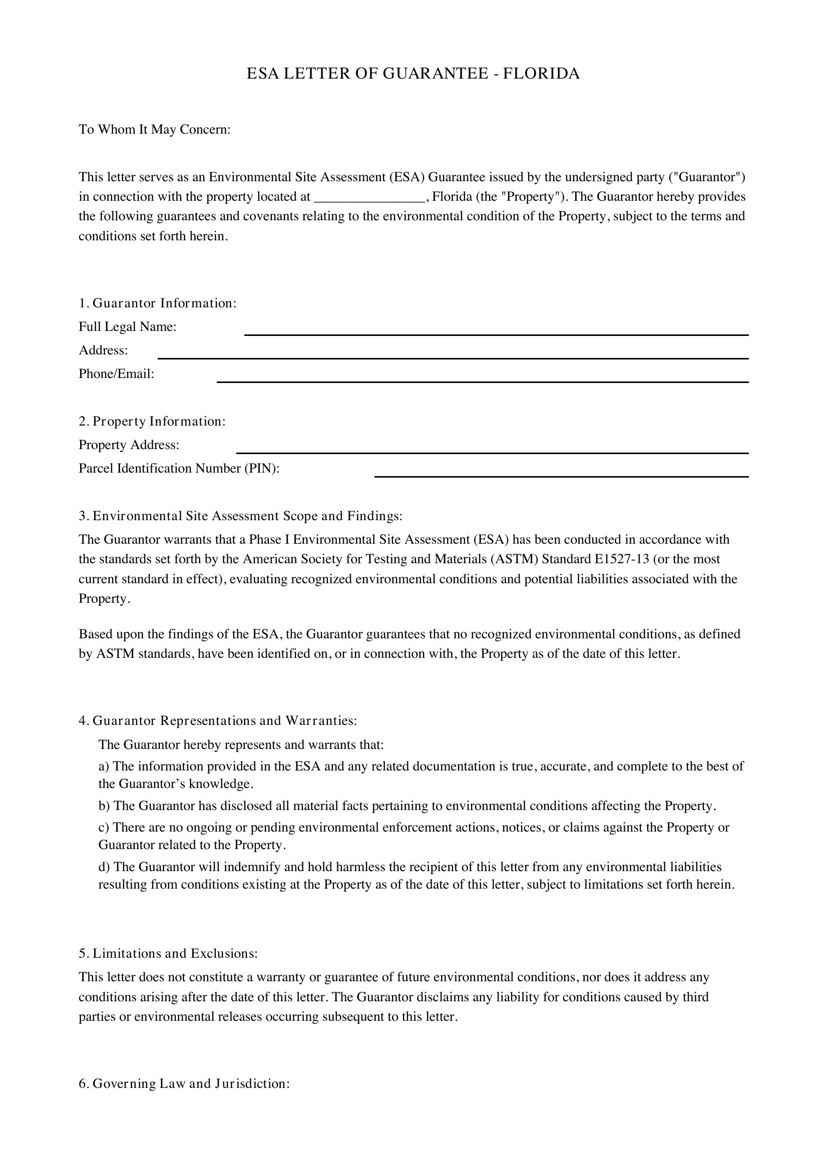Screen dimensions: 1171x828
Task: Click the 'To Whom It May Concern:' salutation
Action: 155,130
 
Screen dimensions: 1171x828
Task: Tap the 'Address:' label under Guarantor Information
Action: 103,350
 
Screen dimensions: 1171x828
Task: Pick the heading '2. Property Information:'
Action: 152,421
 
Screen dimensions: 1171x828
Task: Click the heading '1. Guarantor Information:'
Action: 158,303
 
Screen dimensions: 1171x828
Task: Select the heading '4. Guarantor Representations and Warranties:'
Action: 218,720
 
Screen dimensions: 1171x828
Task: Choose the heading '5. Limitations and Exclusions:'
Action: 168,953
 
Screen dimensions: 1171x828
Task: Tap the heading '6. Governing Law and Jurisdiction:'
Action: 184,1084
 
